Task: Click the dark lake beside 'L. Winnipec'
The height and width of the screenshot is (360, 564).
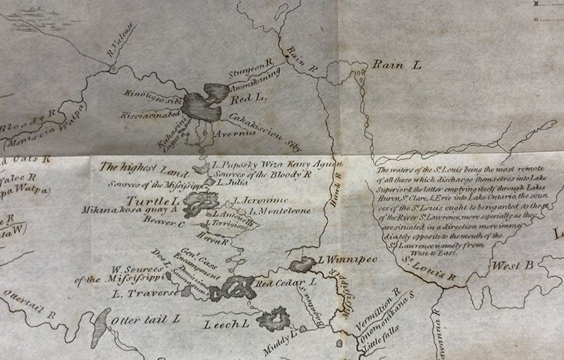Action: click(x=303, y=265)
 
